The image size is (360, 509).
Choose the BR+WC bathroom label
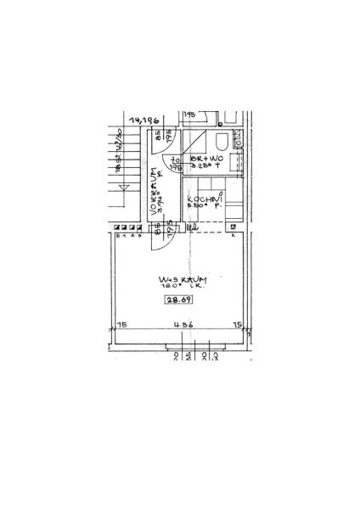click(206, 159)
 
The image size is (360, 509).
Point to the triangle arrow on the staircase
click(124, 187)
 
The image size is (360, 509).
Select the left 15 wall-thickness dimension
click(122, 324)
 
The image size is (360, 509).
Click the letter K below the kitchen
click(233, 234)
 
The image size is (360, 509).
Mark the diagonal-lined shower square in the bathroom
click(196, 141)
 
